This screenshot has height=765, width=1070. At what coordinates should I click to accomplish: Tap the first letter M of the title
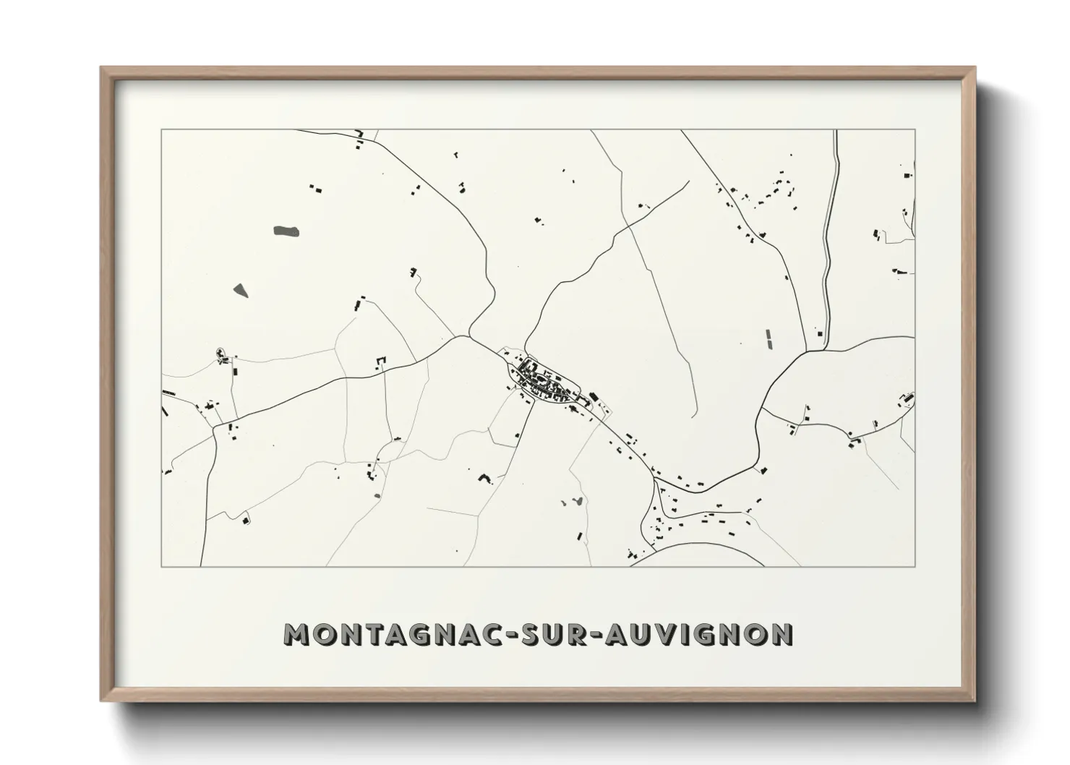(298, 634)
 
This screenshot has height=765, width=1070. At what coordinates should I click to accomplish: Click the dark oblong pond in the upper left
(286, 231)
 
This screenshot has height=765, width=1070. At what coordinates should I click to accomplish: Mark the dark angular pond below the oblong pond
(240, 291)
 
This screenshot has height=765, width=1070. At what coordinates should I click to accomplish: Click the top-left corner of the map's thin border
(161, 130)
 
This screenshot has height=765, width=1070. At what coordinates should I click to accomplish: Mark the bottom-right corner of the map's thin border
(915, 566)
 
